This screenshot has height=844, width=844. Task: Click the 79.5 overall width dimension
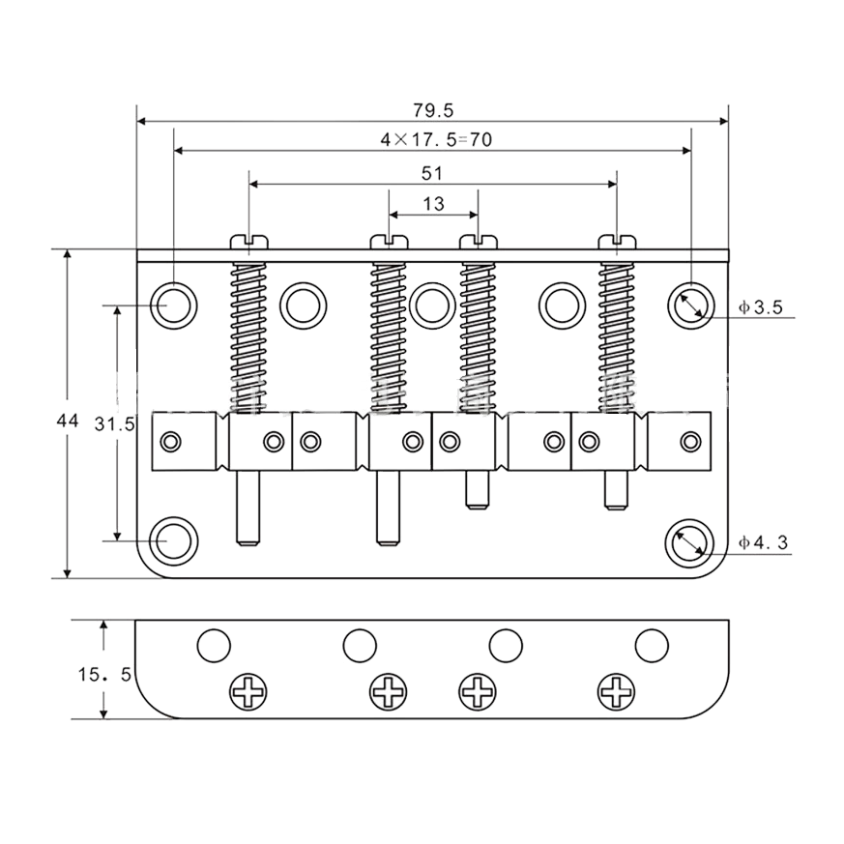pyautogui.click(x=433, y=110)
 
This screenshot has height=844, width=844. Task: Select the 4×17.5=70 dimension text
pyautogui.click(x=436, y=140)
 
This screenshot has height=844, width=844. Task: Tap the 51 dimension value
pyautogui.click(x=432, y=173)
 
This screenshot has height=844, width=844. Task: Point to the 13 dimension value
pyautogui.click(x=433, y=204)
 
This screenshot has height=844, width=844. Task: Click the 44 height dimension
pyautogui.click(x=68, y=421)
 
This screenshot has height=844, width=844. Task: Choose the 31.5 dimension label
pyautogui.click(x=114, y=424)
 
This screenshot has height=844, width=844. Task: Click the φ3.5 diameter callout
pyautogui.click(x=760, y=307)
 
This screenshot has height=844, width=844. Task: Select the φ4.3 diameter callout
pyautogui.click(x=763, y=542)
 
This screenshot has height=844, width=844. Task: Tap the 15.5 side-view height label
pyautogui.click(x=104, y=674)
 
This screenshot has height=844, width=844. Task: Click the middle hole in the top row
pyautogui.click(x=432, y=306)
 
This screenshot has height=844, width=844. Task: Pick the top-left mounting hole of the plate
pyautogui.click(x=173, y=306)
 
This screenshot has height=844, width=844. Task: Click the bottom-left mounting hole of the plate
pyautogui.click(x=173, y=541)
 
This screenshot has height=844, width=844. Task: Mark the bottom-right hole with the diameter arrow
pyautogui.click(x=690, y=542)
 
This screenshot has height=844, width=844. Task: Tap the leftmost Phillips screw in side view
pyautogui.click(x=248, y=691)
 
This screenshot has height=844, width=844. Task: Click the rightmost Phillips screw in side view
pyautogui.click(x=617, y=691)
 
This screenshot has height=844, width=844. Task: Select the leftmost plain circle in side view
pyautogui.click(x=214, y=646)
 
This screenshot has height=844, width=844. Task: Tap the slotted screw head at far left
pyautogui.click(x=249, y=243)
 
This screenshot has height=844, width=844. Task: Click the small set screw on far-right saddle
pyautogui.click(x=690, y=442)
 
